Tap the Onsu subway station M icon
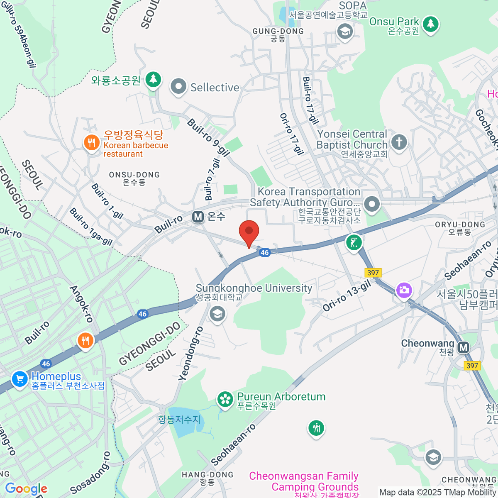198,217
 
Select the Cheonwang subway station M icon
463,347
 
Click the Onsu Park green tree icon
431,24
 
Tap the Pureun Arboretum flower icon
225,400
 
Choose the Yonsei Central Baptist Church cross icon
399,142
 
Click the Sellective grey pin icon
179,87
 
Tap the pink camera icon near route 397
403,290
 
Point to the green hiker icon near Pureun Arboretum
316,428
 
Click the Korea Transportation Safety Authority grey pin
371,204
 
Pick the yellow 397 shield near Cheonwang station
472,366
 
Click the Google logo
26,489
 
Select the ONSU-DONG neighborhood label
134,178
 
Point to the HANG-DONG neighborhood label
207,478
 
